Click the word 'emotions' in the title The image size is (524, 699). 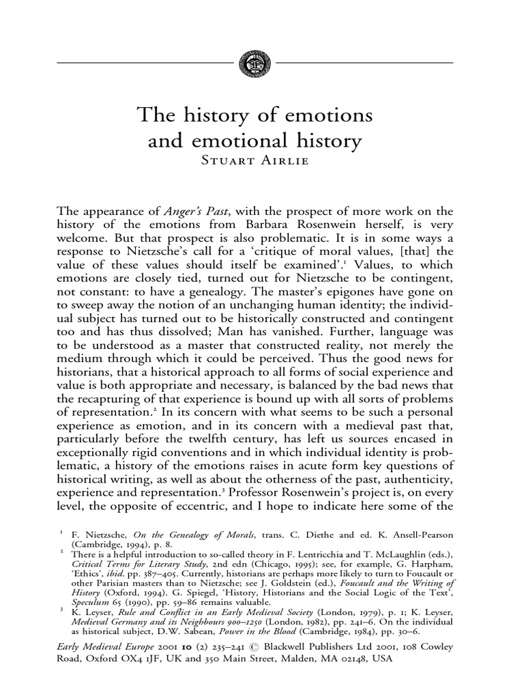point(326,115)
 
